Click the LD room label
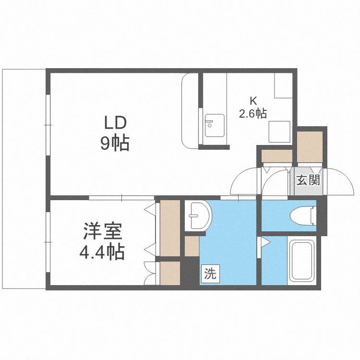[115, 123]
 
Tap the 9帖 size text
[115, 144]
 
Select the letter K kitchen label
[252, 101]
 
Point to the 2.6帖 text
[252, 114]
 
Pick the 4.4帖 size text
[103, 252]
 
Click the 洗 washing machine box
[210, 275]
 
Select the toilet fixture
[303, 216]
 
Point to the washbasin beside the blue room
[197, 215]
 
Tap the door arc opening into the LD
[245, 181]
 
